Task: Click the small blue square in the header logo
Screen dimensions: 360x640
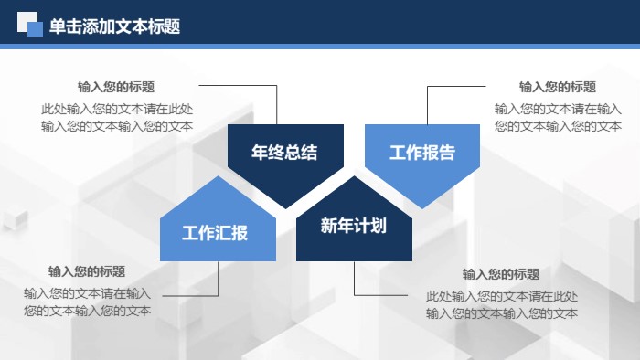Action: tap(36, 30)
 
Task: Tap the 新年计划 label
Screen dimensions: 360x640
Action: tap(354, 226)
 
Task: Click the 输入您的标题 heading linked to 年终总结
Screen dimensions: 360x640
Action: tap(116, 87)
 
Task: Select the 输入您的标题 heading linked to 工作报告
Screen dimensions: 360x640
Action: tap(558, 87)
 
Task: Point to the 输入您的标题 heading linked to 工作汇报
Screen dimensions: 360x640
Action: tap(87, 271)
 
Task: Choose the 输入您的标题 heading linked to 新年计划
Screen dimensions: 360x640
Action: tap(501, 274)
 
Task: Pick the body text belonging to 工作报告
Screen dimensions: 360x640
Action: tap(558, 117)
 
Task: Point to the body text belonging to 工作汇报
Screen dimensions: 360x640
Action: tap(87, 302)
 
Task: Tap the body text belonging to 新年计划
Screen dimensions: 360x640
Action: tap(501, 305)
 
